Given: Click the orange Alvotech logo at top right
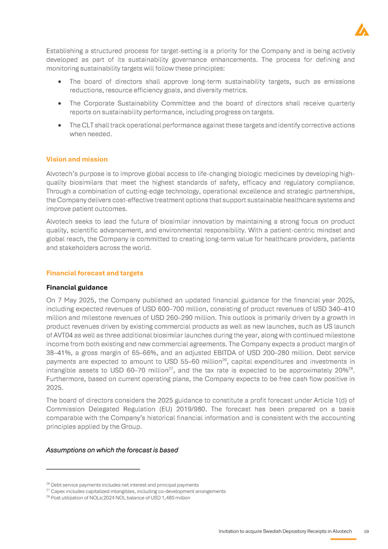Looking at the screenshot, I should pyautogui.click(x=362, y=30).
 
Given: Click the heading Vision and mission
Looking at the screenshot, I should pyautogui.click(x=77, y=159).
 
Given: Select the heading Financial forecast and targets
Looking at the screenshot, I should pyautogui.click(x=94, y=273).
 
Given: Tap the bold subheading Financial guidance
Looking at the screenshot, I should pyautogui.click(x=77, y=287).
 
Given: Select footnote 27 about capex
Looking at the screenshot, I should pyautogui.click(x=136, y=491).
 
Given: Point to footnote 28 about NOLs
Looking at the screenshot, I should pyautogui.click(x=119, y=497).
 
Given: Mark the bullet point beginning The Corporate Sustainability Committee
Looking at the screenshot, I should pyautogui.click(x=211, y=108).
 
